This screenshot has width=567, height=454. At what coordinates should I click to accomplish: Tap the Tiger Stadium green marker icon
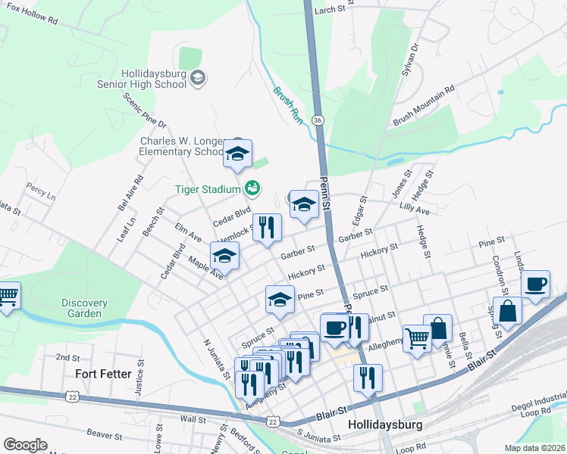253,188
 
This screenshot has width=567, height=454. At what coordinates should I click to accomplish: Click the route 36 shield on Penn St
318,120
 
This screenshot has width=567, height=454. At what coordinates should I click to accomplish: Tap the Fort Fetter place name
104,373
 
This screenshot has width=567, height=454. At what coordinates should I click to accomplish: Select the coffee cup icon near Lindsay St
535,285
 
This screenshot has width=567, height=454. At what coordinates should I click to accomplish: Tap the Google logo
25,445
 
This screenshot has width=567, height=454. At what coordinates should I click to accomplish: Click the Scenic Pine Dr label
144,110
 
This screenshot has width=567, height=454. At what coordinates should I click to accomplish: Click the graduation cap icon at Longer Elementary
238,154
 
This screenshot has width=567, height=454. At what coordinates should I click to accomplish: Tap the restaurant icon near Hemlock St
266,226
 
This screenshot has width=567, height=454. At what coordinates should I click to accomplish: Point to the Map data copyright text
534,448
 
